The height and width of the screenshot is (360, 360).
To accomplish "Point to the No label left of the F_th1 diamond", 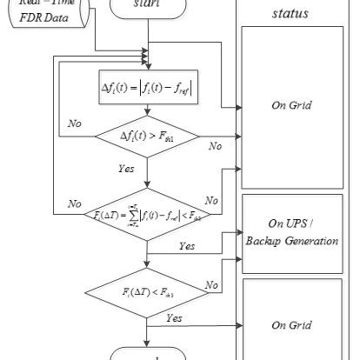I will pyautogui.click(x=76, y=123).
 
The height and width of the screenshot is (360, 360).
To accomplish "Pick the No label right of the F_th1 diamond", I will pyautogui.click(x=215, y=145).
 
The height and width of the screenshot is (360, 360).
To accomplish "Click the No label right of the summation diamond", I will pyautogui.click(x=210, y=199).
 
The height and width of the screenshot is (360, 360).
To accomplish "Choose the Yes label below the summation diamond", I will pyautogui.click(x=187, y=246).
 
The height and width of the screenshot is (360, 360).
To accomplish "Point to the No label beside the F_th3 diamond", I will pyautogui.click(x=210, y=284).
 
